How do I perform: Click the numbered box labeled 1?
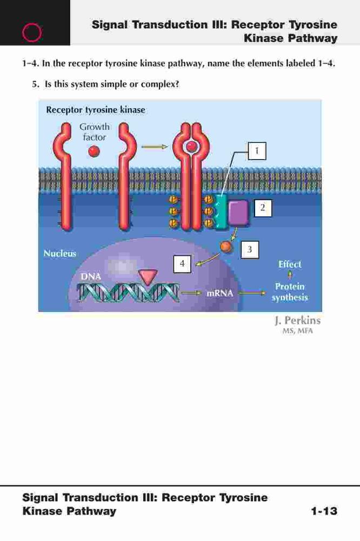click(x=257, y=151)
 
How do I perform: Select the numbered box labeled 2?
click(x=263, y=208)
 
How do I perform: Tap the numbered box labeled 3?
click(x=250, y=249)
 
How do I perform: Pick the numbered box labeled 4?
click(x=182, y=264)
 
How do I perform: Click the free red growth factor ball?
click(x=94, y=151)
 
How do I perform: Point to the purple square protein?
click(x=238, y=213)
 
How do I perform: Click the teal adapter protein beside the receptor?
click(x=221, y=212)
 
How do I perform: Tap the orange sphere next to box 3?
click(x=226, y=246)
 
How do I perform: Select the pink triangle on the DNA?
click(x=148, y=276)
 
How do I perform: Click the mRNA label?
click(x=219, y=293)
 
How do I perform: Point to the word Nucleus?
click(x=59, y=253)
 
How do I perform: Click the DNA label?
click(x=91, y=276)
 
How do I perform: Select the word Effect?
click(x=290, y=265)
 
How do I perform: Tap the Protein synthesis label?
click(x=290, y=292)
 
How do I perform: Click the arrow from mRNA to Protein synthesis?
click(x=252, y=293)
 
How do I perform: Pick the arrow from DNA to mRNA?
click(x=191, y=293)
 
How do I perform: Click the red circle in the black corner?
click(x=32, y=32)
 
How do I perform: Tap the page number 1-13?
click(x=324, y=511)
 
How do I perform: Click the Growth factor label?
click(x=95, y=132)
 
